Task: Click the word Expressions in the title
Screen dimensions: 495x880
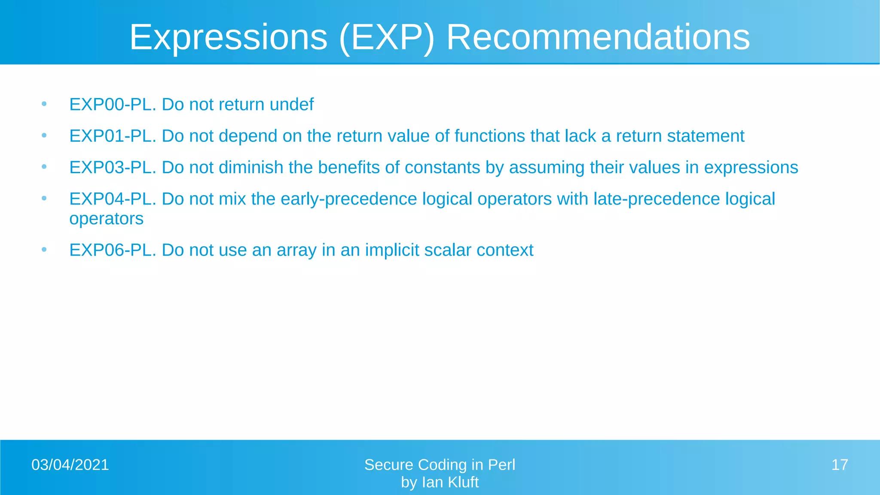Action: pyautogui.click(x=228, y=38)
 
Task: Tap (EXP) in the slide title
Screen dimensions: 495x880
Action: pyautogui.click(x=386, y=38)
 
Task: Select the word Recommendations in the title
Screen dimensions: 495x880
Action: pyautogui.click(x=598, y=38)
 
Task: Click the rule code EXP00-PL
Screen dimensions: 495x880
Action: pyautogui.click(x=113, y=104)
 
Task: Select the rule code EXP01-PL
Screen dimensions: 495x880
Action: pyautogui.click(x=113, y=136)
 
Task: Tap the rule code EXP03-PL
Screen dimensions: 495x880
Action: pyautogui.click(x=113, y=167)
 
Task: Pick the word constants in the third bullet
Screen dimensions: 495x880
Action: pyautogui.click(x=442, y=167)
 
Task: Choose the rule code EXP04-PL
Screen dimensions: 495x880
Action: pyautogui.click(x=113, y=199)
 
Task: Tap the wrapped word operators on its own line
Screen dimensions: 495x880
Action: pyautogui.click(x=106, y=219)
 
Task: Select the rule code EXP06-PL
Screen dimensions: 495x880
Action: pyautogui.click(x=113, y=250)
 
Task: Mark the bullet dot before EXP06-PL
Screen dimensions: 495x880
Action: pyautogui.click(x=44, y=250)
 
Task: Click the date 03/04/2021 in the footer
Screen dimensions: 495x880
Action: pyautogui.click(x=70, y=465)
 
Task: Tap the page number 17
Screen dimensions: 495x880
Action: pyautogui.click(x=840, y=465)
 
